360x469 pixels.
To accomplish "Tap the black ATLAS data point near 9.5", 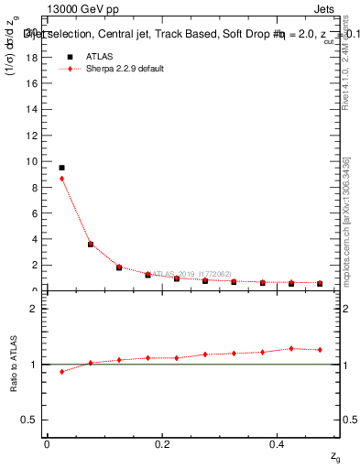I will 61,168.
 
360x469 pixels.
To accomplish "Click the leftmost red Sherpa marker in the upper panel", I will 61,179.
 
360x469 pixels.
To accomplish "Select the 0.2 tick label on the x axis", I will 162,443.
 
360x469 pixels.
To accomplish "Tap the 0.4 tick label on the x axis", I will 278,443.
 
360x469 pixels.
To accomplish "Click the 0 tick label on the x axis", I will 47,443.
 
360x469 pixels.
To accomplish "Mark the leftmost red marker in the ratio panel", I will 61,372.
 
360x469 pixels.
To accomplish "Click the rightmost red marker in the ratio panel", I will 320,350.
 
